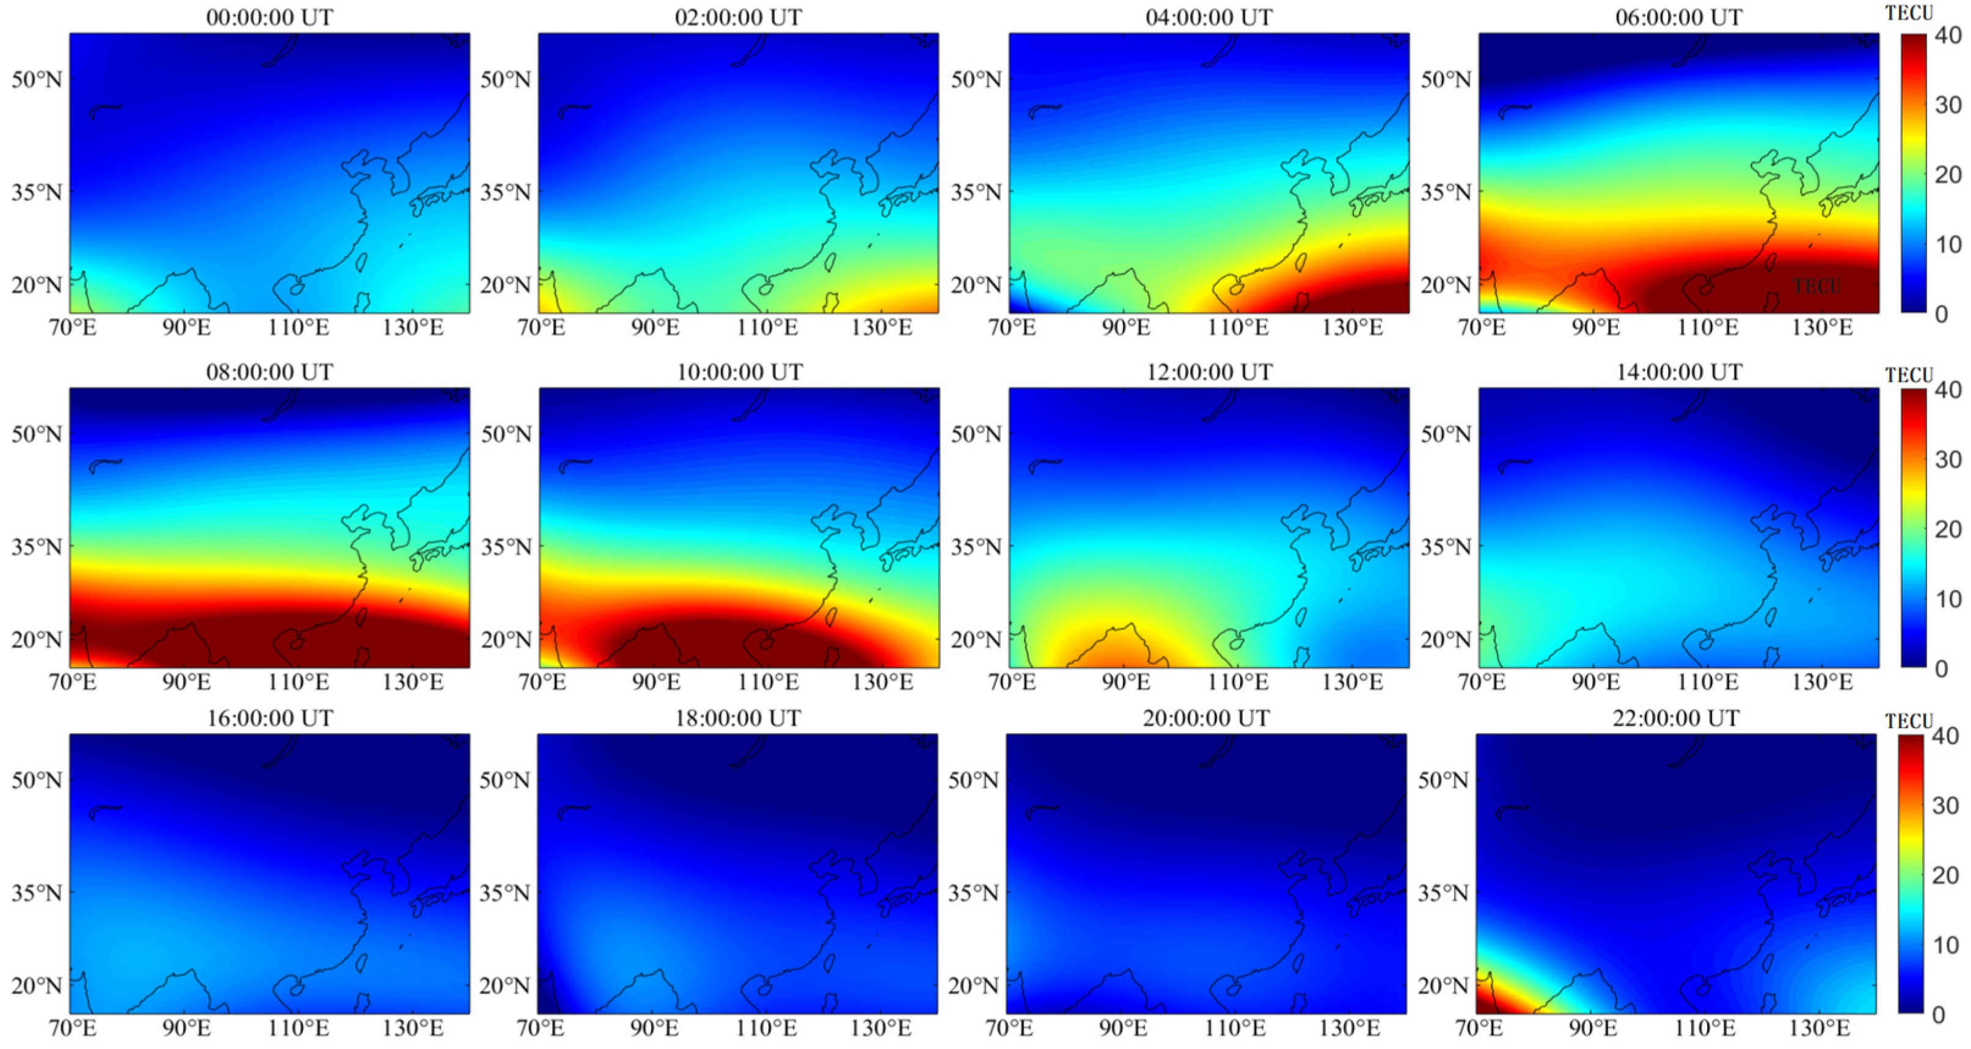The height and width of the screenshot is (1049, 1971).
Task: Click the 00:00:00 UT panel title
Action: [x=269, y=17]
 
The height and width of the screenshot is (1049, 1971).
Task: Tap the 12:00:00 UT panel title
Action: [x=1209, y=372]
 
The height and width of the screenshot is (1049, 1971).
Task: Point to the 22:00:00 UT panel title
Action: [x=1676, y=718]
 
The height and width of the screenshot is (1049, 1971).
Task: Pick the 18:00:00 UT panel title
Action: [x=738, y=718]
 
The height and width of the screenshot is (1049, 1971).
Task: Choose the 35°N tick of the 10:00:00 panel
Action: [x=506, y=546]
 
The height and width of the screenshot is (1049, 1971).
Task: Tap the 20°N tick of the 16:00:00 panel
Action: [x=36, y=985]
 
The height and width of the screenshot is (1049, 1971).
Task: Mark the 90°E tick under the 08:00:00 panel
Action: [x=187, y=682]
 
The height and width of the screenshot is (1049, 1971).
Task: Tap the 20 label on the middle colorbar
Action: [x=1947, y=528]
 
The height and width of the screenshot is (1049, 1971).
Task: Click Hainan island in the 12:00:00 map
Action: [x=1236, y=643]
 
